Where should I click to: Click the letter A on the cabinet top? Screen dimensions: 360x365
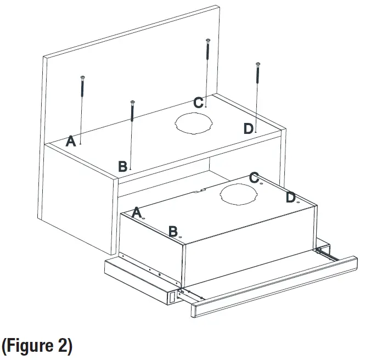71,142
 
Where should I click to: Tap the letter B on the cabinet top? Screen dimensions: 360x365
123,165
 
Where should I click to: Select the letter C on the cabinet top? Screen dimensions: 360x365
199,103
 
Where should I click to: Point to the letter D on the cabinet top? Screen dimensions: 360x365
249,128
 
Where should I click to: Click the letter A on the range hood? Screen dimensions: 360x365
137,212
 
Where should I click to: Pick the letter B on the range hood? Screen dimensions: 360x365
173,231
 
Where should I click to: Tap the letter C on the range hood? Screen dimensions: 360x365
254,177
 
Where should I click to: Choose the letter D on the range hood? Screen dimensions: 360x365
291,197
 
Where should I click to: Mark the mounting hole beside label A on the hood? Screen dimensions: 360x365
144,218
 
